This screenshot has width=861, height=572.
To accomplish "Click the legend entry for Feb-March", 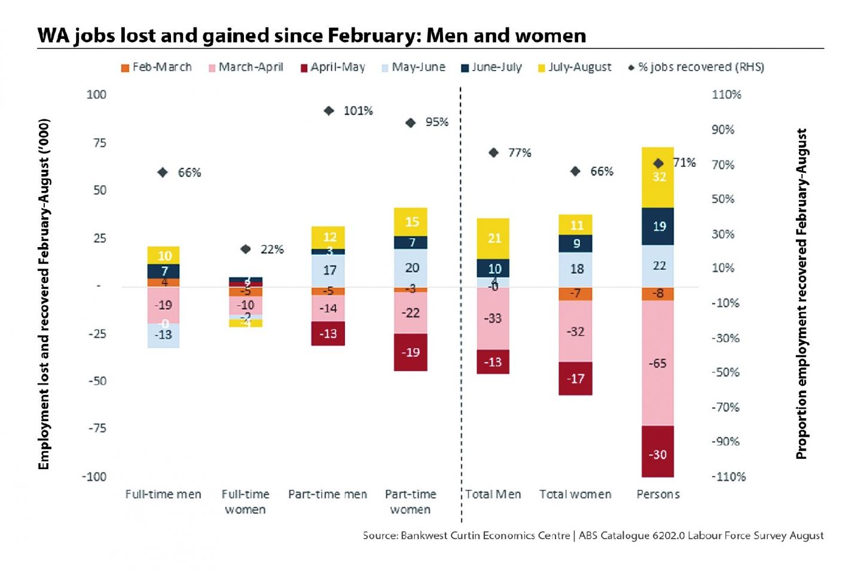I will pos(156,67).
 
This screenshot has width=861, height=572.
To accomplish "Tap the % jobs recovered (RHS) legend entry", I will pos(696,67).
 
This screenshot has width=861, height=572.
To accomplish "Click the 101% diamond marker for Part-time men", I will pos(329,111).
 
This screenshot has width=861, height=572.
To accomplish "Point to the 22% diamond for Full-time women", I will pos(246,249).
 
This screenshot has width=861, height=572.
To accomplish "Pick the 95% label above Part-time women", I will pos(436,122).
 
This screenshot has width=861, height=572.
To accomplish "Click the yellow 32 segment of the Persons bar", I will pos(658,177).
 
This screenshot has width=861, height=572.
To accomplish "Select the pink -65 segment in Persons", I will pos(658,363).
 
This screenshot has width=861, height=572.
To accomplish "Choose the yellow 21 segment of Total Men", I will pos(494,238).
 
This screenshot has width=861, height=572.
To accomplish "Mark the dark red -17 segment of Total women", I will pos(576,378).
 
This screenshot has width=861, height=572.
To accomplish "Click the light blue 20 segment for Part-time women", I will pos(411,268).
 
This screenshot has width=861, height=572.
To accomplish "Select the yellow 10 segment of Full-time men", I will pos(164,255).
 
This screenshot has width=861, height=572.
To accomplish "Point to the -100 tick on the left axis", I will pos(94,477).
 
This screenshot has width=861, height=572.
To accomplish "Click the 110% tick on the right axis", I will pos(726,95).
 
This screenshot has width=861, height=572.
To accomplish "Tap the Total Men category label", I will pos(493,494).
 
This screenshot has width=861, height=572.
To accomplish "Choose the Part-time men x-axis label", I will pos(328,494).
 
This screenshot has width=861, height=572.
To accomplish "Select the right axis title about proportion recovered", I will pos(801,293).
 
